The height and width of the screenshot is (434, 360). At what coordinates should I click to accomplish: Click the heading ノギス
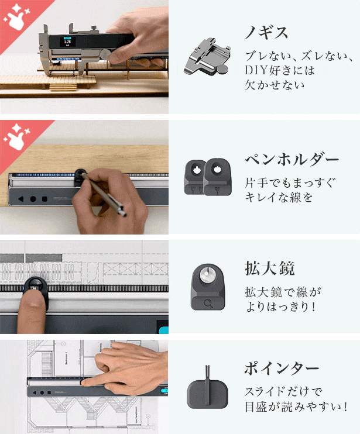pyautogui.click(x=266, y=32)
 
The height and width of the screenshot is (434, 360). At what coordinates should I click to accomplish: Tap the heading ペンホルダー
pyautogui.click(x=292, y=159)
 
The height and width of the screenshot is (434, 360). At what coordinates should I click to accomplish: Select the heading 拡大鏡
pyautogui.click(x=270, y=268)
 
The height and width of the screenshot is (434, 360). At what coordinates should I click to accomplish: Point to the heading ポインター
pyautogui.click(x=282, y=368)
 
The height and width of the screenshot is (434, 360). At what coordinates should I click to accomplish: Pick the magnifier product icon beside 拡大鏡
pyautogui.click(x=208, y=287)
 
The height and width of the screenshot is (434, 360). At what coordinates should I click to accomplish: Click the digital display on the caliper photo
pyautogui.click(x=67, y=42)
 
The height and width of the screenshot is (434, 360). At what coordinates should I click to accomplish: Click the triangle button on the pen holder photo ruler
pyautogui.click(x=20, y=199)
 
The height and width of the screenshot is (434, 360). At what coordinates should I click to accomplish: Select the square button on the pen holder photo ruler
pyautogui.click(x=44, y=199)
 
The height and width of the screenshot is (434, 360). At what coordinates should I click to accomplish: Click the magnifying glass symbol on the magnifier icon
pyautogui.click(x=208, y=304)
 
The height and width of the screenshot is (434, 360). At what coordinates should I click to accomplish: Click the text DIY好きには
pyautogui.click(x=280, y=70)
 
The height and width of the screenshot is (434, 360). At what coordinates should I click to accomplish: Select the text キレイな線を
pyautogui.click(x=279, y=197)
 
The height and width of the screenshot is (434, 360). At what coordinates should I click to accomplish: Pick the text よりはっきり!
pyautogui.click(x=280, y=306)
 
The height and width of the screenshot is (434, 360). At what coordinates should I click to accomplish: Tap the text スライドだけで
pyautogui.click(x=283, y=391)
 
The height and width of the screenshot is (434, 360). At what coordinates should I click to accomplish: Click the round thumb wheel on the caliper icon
pyautogui.click(x=222, y=70)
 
